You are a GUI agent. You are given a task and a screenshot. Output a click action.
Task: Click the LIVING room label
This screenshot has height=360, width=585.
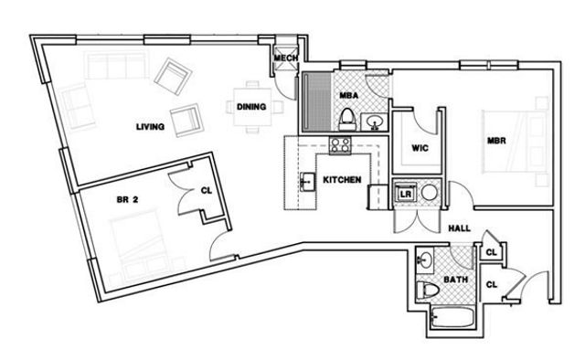pos(149,128)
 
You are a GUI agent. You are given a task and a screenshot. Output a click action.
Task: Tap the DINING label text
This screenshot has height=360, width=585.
pos(250,107)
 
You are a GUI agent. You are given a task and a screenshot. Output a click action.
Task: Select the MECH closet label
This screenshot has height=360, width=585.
pos(287,59)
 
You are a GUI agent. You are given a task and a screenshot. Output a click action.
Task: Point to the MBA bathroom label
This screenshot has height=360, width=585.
pos(347,95)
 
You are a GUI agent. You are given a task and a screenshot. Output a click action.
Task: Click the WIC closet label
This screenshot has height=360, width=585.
pos(420,146)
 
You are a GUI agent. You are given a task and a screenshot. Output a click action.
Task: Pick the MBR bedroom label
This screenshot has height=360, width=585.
pos(496,141)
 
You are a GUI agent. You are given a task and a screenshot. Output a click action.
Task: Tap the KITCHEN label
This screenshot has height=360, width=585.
pos(342,180)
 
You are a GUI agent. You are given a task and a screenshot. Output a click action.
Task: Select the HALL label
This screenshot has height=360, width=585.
pos(460,229)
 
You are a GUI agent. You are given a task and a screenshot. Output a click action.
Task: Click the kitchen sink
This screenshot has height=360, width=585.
pos(305,183)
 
